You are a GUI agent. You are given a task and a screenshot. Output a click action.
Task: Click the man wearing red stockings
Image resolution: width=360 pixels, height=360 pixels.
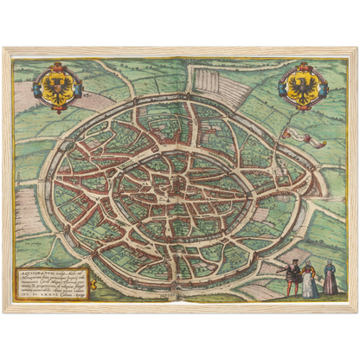[x=294, y=279]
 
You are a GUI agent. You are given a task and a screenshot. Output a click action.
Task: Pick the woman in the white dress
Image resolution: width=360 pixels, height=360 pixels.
[x=310, y=280]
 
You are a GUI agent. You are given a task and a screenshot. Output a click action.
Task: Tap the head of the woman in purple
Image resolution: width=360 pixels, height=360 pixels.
[x=330, y=265]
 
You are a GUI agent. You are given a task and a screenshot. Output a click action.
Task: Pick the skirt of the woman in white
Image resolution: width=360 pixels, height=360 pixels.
[x=310, y=287]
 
